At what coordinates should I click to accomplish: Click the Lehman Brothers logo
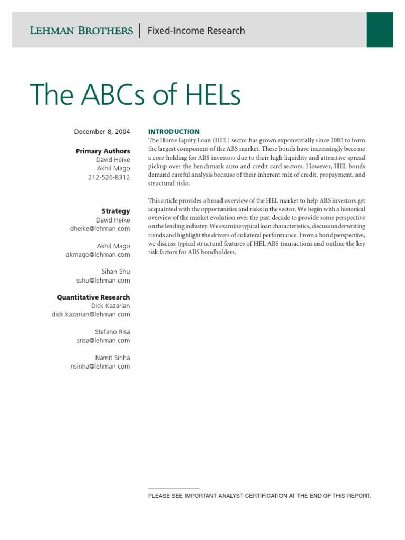(81, 31)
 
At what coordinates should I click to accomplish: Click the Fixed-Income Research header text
(196, 31)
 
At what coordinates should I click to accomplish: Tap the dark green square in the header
(380, 30)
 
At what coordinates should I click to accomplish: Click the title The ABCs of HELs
(136, 95)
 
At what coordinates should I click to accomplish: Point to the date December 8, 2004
(102, 132)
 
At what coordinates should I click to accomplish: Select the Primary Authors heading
(103, 151)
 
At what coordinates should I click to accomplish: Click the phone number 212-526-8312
(109, 177)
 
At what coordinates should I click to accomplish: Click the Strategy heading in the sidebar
(115, 211)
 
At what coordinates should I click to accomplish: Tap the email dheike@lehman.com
(100, 228)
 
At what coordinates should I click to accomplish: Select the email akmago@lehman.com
(99, 254)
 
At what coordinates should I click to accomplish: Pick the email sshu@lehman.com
(103, 280)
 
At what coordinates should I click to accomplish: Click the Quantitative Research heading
(93, 297)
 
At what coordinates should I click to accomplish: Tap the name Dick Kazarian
(110, 306)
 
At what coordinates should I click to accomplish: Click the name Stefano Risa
(112, 332)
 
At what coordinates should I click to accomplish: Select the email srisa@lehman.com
(103, 340)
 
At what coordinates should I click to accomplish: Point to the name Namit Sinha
(112, 358)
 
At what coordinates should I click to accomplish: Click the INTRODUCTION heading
(174, 132)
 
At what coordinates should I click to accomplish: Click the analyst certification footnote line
(259, 496)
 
